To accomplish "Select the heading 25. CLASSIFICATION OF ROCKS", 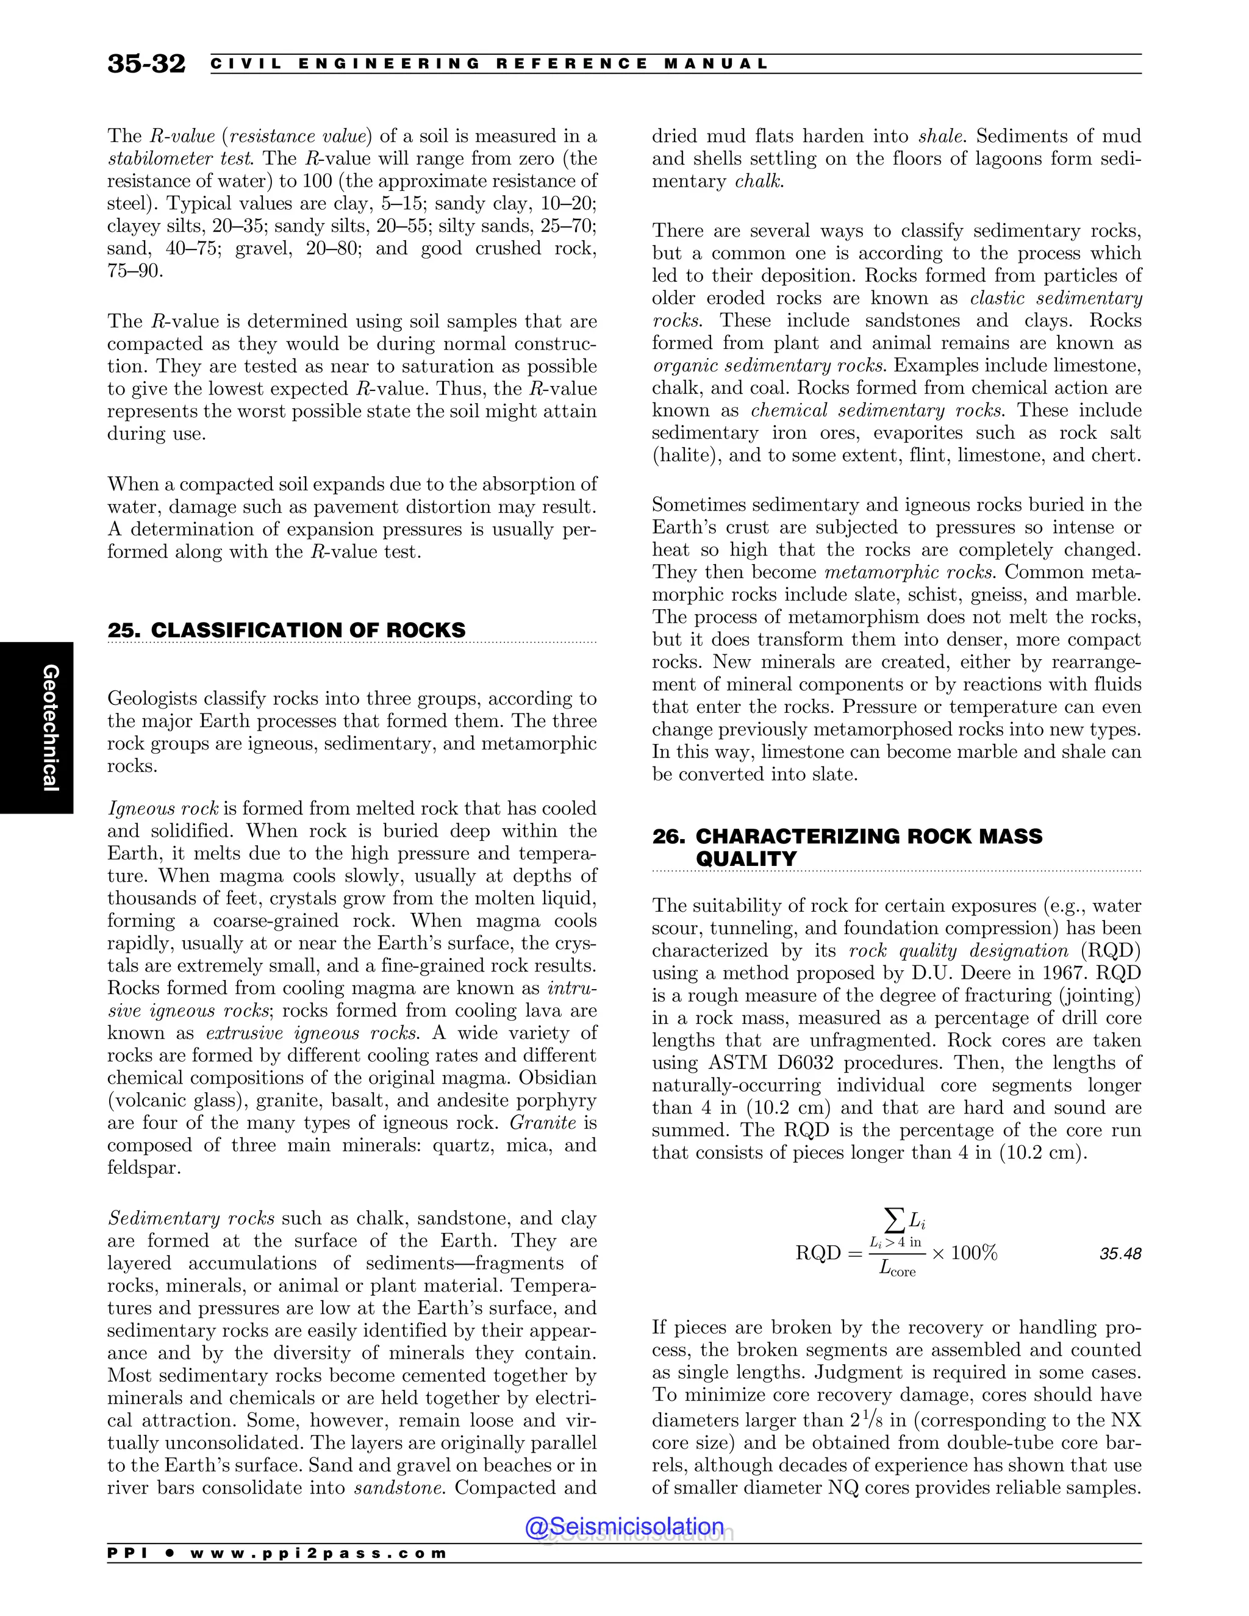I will (287, 631).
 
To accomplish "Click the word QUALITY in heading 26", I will (746, 859).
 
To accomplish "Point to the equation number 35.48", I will (1120, 1253).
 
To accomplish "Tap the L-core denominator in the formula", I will (896, 1269).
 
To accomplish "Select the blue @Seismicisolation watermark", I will (624, 1526).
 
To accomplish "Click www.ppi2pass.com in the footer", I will (318, 1553).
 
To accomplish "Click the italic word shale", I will (941, 136).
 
